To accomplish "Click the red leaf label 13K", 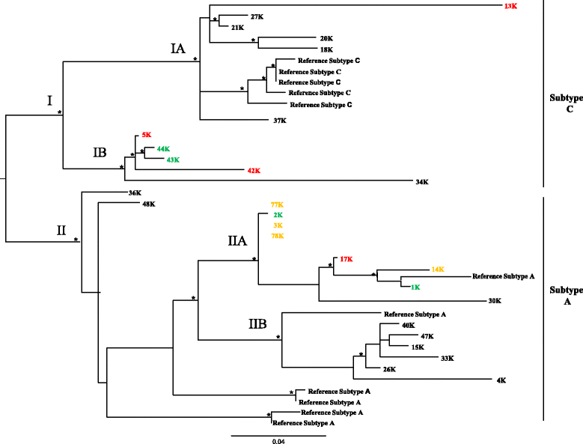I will tap(511, 6).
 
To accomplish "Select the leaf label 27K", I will tap(256, 16).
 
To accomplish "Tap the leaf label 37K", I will tap(280, 120).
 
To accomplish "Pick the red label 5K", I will tap(146, 136).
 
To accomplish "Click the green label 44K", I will tap(165, 149).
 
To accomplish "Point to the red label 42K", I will tap(254, 171).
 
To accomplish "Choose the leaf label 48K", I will tap(148, 204).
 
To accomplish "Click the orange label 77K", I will tap(278, 204).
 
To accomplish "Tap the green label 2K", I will tap(278, 215).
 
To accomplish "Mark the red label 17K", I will tap(346, 259).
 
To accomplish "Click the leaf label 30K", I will tap(494, 301).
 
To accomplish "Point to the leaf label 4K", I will tap(501, 380).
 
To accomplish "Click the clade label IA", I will tap(178, 49).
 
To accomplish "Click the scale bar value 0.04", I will tap(278, 441).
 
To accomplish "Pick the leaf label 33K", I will tap(447, 358).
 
